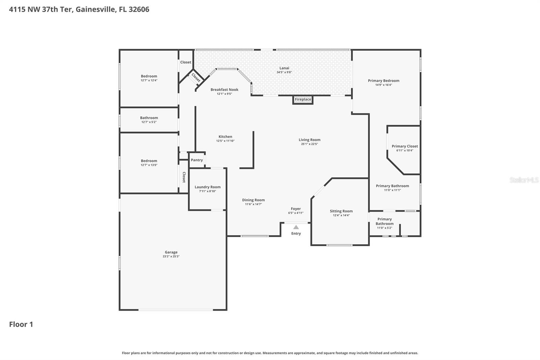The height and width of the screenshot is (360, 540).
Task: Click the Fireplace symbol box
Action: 303,100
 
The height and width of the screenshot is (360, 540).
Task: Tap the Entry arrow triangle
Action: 296,227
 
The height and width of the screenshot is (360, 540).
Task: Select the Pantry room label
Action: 197,160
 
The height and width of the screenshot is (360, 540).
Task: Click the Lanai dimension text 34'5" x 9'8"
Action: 284,72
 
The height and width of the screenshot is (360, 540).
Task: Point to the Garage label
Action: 171,252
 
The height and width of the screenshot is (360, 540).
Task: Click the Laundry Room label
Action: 208,187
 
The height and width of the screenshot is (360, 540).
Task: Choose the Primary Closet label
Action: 405,146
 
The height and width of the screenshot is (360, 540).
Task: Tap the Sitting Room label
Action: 341,211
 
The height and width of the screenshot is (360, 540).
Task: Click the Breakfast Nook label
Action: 224,89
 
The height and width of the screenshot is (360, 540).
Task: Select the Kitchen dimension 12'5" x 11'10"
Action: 225,141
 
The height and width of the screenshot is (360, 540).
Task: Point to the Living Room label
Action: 309,140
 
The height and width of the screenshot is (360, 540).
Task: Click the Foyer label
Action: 296,209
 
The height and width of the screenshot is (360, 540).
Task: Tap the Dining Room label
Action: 253,200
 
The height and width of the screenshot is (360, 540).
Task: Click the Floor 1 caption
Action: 21,324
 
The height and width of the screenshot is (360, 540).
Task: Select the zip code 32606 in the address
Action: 139,9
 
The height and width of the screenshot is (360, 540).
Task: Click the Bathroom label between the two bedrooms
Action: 149,118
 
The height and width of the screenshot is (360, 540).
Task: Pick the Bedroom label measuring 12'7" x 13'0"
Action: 149,161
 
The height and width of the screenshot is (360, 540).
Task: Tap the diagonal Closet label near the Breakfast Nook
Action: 196,78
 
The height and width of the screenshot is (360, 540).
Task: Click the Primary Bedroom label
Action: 383,81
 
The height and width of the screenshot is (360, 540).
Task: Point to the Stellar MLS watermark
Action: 524,180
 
